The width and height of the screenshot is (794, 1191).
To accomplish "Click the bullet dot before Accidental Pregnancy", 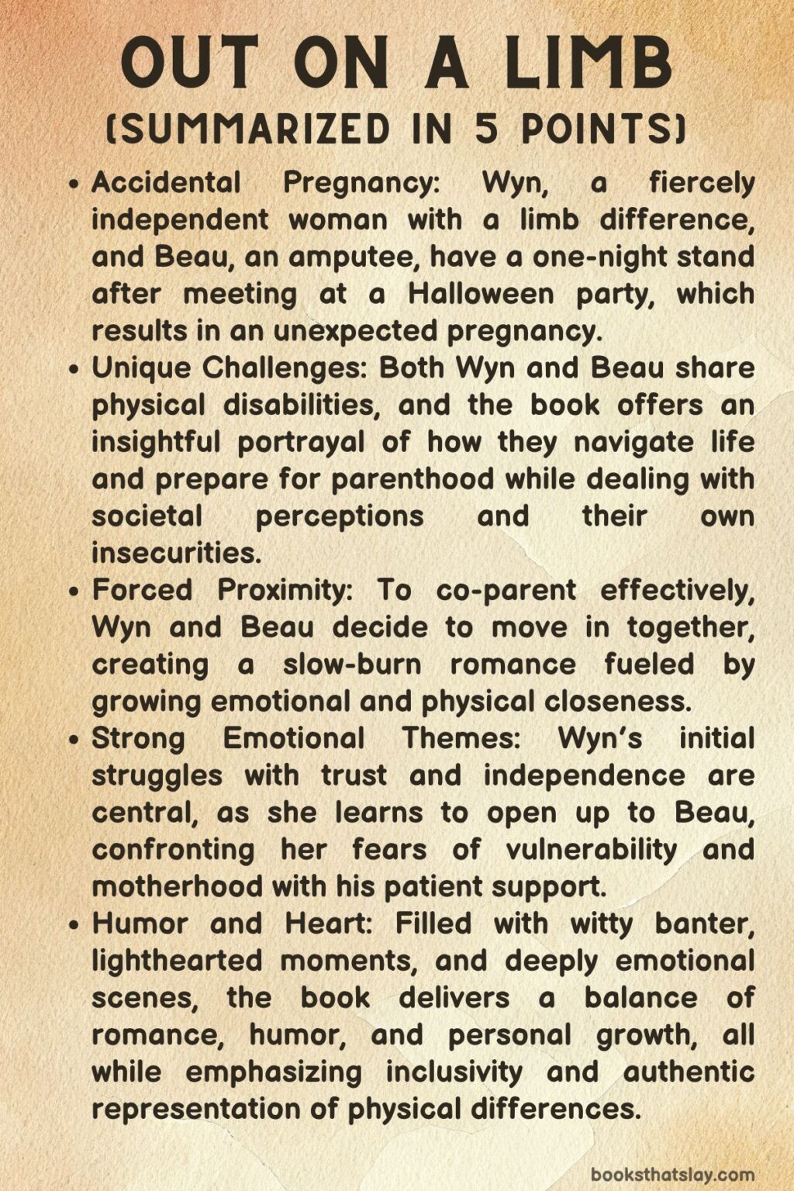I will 74,185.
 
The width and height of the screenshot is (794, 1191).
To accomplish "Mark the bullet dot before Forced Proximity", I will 74,592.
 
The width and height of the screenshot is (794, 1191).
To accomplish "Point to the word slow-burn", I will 352,665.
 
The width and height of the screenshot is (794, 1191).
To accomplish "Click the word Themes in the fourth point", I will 461,738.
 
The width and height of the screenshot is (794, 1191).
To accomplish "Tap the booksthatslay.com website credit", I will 672,1174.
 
